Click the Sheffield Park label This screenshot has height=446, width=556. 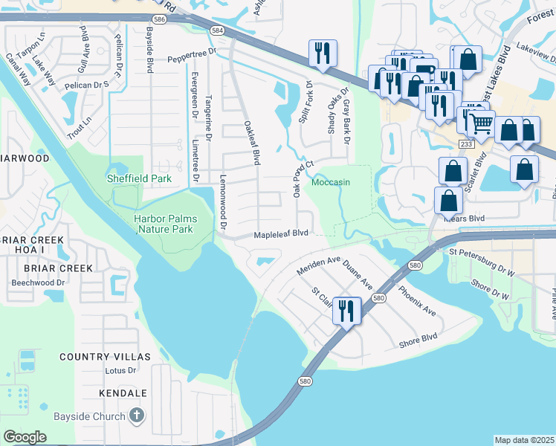pos(139,178)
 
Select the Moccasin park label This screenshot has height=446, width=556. pos(330,182)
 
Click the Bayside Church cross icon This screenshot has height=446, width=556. pos(135,416)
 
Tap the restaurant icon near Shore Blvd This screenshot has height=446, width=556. pos(346,310)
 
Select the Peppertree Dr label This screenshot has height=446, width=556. pos(190,58)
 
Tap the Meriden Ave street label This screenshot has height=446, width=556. pos(318,265)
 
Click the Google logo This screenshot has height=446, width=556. pos(25,436)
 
